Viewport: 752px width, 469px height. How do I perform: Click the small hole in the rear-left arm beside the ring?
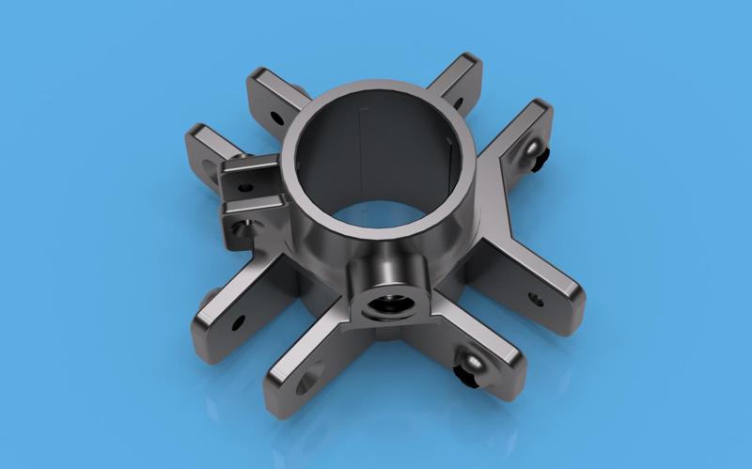(x=276, y=118)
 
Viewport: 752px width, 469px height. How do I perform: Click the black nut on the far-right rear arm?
(x=544, y=164)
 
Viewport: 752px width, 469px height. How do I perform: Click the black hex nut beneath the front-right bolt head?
(x=465, y=377)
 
